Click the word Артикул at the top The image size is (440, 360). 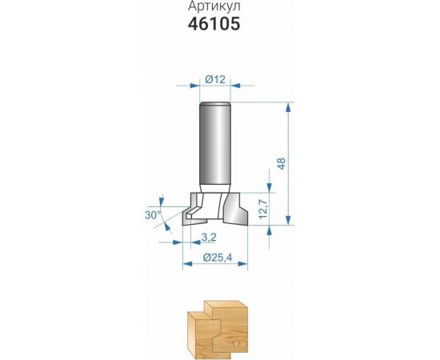(x=214, y=6)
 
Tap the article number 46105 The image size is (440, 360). (x=214, y=23)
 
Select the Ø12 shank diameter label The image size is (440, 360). (x=215, y=80)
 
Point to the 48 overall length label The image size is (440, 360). (x=282, y=163)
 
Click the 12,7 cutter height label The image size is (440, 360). (x=263, y=209)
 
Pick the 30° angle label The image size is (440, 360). (x=154, y=215)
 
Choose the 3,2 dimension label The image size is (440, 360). (x=209, y=238)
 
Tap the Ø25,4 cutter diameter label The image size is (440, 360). (x=218, y=258)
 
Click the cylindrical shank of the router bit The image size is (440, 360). (x=215, y=145)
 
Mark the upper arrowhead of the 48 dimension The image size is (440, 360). (x=288, y=107)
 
